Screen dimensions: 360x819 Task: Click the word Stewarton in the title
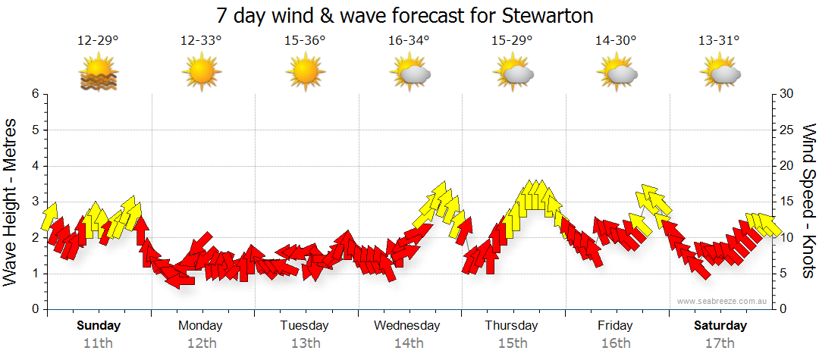547,15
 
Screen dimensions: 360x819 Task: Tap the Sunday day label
99,326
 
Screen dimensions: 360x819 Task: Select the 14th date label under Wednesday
408,343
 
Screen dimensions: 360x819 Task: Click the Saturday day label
720,326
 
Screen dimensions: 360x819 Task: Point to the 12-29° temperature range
98,41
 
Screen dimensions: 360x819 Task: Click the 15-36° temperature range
305,41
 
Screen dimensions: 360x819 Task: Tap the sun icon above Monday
201,74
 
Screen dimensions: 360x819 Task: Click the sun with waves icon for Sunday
98,74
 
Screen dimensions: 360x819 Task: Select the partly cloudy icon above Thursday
513,74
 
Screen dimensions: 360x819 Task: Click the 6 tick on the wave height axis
34,94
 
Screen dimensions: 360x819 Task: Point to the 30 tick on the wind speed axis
787,94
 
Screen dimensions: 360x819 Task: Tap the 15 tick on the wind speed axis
787,202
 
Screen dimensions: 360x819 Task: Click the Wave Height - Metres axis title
12,202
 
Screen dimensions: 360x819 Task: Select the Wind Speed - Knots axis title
808,202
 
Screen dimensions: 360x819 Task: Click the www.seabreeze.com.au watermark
723,301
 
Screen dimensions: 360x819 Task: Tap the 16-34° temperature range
409,41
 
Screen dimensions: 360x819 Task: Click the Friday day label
615,326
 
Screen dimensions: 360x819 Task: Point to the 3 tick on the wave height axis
34,202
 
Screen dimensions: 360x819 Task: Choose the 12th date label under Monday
201,343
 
